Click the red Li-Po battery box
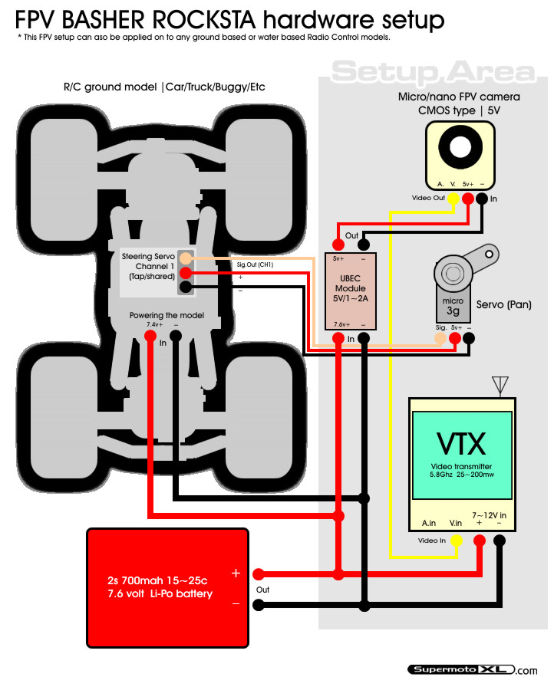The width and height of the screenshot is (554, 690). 167,583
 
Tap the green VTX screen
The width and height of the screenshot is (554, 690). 462,454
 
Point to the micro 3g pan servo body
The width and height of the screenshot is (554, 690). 453,296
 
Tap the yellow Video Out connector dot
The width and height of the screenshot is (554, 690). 453,199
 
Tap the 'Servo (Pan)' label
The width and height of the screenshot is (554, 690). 504,304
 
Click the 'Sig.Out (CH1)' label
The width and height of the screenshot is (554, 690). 256,264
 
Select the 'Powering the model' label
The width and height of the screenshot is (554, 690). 167,316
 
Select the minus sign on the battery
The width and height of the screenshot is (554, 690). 236,604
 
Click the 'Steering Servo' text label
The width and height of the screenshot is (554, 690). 148,256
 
